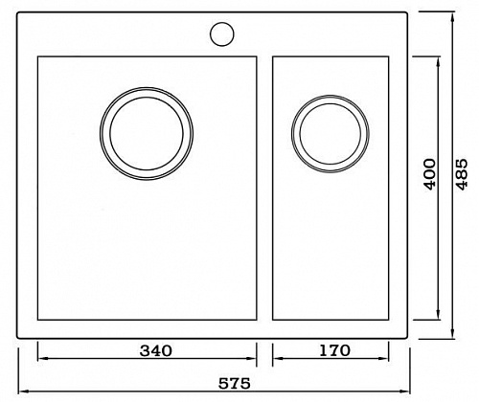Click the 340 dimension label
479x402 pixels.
click(156, 351)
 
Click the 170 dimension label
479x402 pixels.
click(334, 350)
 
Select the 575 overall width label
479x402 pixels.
click(234, 384)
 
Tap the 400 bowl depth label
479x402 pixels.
click(430, 174)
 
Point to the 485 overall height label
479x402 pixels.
click(462, 174)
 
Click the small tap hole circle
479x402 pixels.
click(222, 34)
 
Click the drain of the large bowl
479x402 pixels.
click(147, 133)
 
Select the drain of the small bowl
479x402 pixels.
click(331, 134)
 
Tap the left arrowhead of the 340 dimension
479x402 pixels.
click(40, 358)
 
